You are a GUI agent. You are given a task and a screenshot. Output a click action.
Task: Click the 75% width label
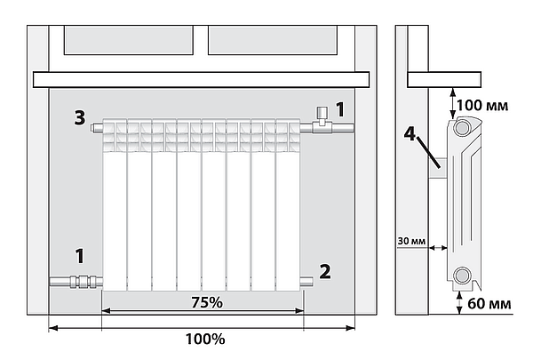(x=207, y=302)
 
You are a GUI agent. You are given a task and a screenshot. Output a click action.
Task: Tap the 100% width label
(x=205, y=339)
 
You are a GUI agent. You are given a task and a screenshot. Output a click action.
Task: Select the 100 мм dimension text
(x=482, y=106)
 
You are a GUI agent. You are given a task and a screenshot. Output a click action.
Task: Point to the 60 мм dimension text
(x=489, y=303)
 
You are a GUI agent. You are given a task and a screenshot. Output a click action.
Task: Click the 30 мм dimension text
(x=411, y=241)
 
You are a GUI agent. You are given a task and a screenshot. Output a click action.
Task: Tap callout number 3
(x=80, y=118)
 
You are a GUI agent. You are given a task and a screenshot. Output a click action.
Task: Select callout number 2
(x=325, y=271)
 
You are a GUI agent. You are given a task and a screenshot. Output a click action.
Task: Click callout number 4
(x=410, y=133)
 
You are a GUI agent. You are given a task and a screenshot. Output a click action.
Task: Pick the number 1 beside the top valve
(x=340, y=109)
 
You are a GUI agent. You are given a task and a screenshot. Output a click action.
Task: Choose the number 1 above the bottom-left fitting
(x=80, y=256)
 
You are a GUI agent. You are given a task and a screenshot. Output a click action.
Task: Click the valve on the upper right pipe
(x=321, y=121)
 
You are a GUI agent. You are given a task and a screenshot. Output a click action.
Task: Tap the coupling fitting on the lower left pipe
(x=83, y=282)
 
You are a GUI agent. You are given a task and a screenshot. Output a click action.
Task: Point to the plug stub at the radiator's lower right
(x=306, y=282)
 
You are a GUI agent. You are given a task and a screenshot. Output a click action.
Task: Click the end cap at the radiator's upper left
(x=97, y=128)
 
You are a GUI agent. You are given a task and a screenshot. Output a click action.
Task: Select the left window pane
(x=129, y=40)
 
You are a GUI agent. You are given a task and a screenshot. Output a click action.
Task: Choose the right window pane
(x=273, y=40)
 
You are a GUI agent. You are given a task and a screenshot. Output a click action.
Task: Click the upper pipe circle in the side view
(x=462, y=128)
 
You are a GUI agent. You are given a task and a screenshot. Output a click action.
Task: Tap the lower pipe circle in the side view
(x=462, y=275)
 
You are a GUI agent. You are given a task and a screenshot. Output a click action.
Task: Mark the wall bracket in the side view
(x=437, y=168)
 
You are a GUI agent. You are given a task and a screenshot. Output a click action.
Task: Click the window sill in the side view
(x=444, y=80)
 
